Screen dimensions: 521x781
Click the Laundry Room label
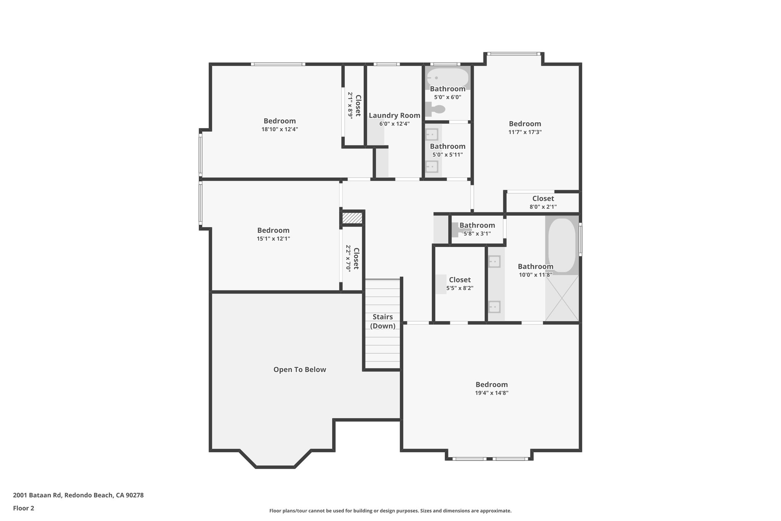pyautogui.click(x=394, y=115)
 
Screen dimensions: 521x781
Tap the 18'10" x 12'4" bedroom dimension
pyautogui.click(x=280, y=129)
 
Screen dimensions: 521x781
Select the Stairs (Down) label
pyautogui.click(x=382, y=321)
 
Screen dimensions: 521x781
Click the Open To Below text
pyautogui.click(x=300, y=369)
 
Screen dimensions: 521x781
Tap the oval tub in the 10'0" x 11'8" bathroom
pyautogui.click(x=562, y=244)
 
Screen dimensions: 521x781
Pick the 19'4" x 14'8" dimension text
pyautogui.click(x=492, y=393)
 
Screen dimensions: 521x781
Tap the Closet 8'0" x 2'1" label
pyautogui.click(x=543, y=198)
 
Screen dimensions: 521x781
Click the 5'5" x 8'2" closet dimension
pyautogui.click(x=460, y=288)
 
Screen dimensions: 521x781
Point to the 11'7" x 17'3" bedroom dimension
pyautogui.click(x=525, y=132)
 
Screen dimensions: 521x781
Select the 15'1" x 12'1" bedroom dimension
pyautogui.click(x=273, y=239)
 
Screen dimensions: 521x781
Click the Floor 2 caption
pyautogui.click(x=24, y=508)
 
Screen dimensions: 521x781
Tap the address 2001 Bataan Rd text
pyautogui.click(x=78, y=495)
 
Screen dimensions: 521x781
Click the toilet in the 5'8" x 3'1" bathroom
pyautogui.click(x=457, y=230)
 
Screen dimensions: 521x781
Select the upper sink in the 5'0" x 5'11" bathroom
pyautogui.click(x=432, y=134)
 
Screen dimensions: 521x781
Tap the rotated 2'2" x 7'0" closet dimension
pyautogui.click(x=348, y=258)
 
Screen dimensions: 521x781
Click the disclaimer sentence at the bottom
pyautogui.click(x=390, y=511)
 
